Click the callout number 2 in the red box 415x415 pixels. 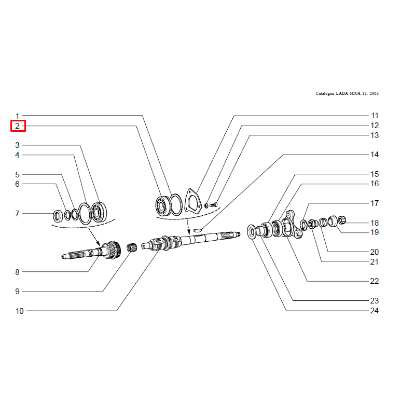coord(18,126)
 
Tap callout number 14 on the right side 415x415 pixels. coord(375,155)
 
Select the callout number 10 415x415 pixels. coord(20,311)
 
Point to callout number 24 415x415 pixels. coord(374,310)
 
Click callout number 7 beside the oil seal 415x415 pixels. coord(18,213)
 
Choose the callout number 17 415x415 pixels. coord(375,203)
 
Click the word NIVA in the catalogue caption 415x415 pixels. coord(355,93)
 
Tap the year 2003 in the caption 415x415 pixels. coord(374,93)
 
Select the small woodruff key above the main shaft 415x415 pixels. coord(198,230)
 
